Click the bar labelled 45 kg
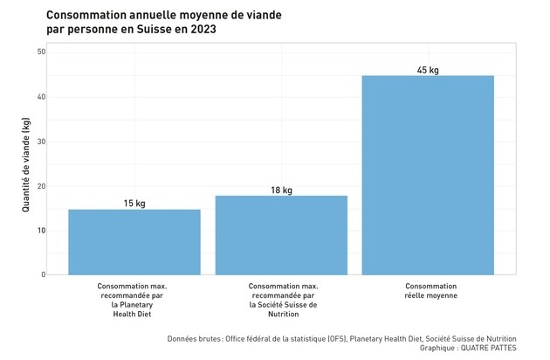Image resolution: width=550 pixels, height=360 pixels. pyautogui.click(x=428, y=175)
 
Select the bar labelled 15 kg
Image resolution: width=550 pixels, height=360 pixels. pyautogui.click(x=134, y=242)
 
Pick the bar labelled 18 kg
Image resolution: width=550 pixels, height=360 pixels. pyautogui.click(x=281, y=235)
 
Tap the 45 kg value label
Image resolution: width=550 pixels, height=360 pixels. pyautogui.click(x=428, y=70)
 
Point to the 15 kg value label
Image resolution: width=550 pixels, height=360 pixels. pyautogui.click(x=134, y=204)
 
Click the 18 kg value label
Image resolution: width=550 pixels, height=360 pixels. pyautogui.click(x=281, y=190)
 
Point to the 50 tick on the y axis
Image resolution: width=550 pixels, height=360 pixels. pyautogui.click(x=41, y=52)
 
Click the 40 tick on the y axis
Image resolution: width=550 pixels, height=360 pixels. pyautogui.click(x=41, y=97)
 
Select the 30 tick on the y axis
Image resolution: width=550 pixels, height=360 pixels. pyautogui.click(x=41, y=142)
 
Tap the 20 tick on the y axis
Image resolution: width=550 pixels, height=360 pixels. pyautogui.click(x=41, y=186)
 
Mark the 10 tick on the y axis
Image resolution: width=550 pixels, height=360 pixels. pyautogui.click(x=41, y=231)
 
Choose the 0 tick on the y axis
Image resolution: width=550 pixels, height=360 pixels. pyautogui.click(x=43, y=275)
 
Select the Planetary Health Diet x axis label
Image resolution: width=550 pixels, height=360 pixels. pyautogui.click(x=132, y=300)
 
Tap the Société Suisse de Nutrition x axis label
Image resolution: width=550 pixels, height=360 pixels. pyautogui.click(x=283, y=300)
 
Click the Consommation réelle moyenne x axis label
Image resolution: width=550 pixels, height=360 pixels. pyautogui.click(x=430, y=291)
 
